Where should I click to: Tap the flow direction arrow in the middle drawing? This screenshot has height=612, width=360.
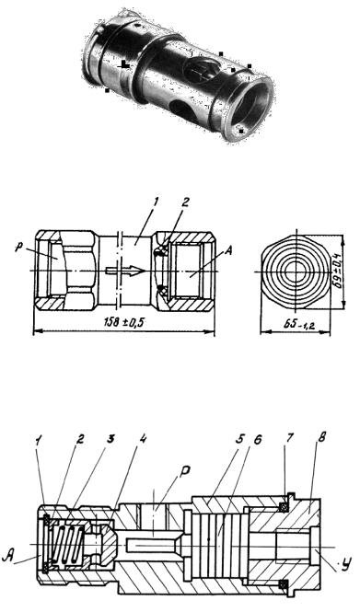coord(125,270)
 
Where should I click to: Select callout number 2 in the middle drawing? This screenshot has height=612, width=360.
coord(186,202)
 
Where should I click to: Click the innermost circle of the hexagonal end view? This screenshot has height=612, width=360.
coord(296,271)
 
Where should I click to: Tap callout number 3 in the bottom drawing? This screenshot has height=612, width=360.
coord(110,438)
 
